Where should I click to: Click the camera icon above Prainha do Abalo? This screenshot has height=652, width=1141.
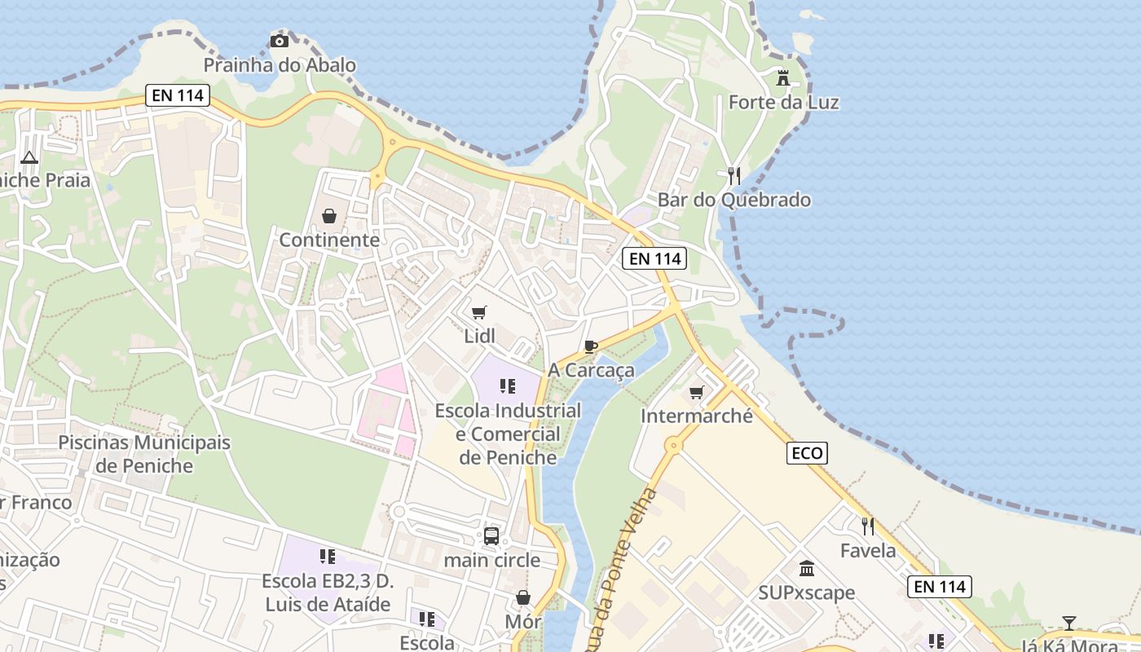[280, 41]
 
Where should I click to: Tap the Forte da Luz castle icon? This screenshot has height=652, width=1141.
[783, 77]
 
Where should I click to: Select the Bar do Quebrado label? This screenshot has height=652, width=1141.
[733, 200]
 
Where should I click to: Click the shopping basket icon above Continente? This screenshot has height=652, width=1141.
[329, 216]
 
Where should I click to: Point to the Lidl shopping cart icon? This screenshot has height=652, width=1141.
[479, 312]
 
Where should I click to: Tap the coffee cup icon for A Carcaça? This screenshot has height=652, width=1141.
[591, 346]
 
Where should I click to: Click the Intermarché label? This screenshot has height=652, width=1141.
[697, 416]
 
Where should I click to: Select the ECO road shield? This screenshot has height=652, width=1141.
[807, 453]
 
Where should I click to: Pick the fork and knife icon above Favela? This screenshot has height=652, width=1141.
[868, 526]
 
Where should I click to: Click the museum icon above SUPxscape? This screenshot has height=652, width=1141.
[807, 568]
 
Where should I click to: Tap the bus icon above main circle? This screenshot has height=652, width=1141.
[491, 535]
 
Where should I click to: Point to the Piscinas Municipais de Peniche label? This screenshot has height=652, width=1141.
[144, 454]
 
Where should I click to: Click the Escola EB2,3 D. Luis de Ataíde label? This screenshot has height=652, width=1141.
[328, 593]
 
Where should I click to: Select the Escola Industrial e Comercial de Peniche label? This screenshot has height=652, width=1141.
[508, 434]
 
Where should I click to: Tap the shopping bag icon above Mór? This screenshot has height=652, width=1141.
[523, 597]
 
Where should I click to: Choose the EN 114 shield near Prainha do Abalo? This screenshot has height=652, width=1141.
[178, 95]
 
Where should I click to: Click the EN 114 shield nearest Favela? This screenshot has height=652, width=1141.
[939, 586]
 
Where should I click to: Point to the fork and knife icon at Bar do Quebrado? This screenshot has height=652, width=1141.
[734, 175]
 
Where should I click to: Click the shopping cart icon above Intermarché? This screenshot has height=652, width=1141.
[696, 393]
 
